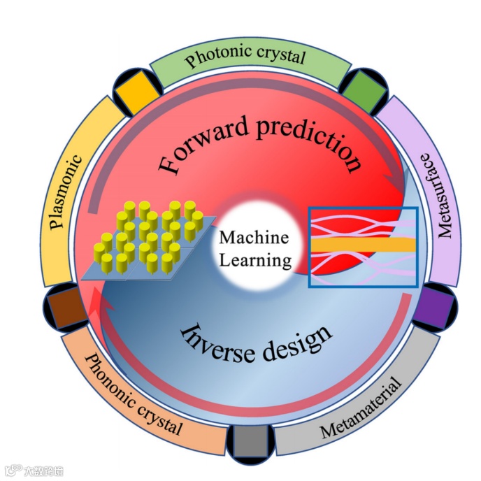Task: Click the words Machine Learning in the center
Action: pyautogui.click(x=254, y=249)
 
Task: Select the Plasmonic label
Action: pyautogui.click(x=66, y=189)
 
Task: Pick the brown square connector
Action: pyautogui.click(x=64, y=306)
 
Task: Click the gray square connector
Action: pyautogui.click(x=247, y=441)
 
